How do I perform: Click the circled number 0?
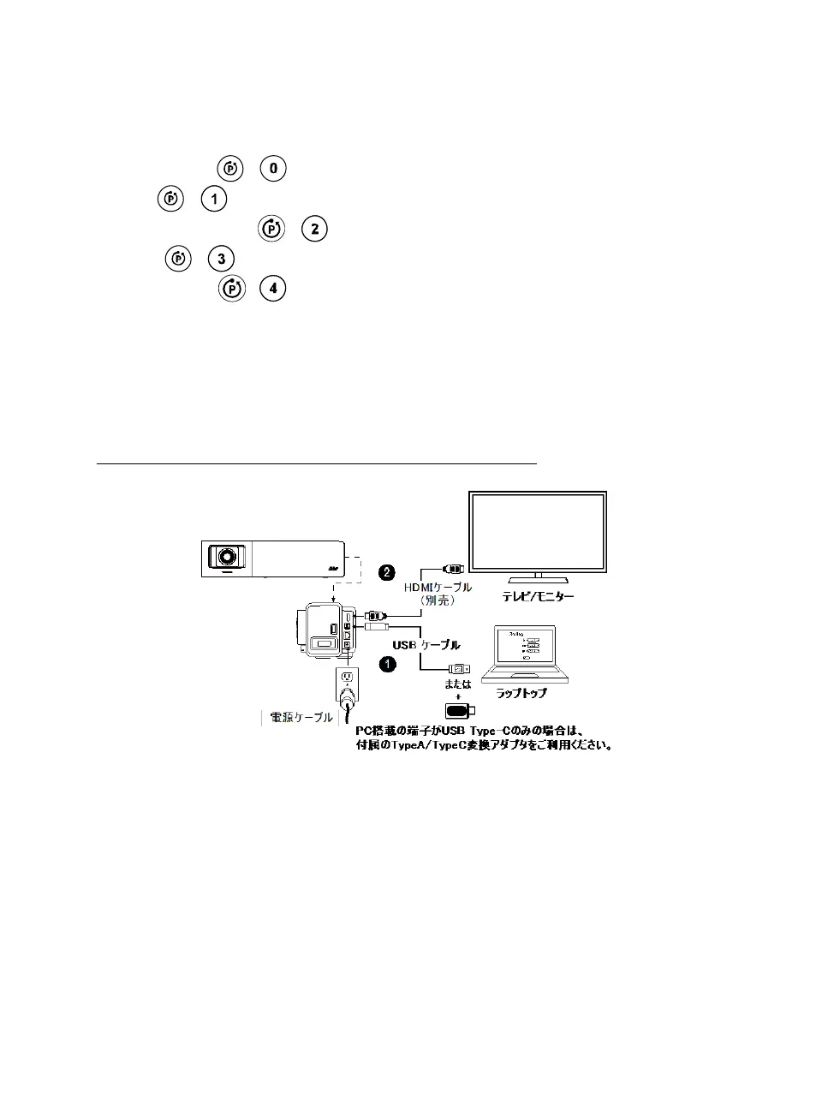coord(273,168)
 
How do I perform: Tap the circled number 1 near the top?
coord(213,199)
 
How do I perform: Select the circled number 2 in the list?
coord(315,229)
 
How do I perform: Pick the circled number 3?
coord(221,259)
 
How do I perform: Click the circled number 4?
coord(273,289)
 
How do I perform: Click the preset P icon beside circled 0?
coord(231,168)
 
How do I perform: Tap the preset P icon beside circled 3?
coord(178,259)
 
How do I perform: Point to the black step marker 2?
coord(387,572)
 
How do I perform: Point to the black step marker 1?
coord(387,664)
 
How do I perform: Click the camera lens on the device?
coord(227,557)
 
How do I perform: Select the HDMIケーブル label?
coord(438,588)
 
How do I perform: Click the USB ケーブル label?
coord(426,645)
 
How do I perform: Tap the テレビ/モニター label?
coord(538,596)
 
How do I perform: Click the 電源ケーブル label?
coord(301,717)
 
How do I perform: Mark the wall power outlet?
coord(347,678)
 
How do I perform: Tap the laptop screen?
coord(524,647)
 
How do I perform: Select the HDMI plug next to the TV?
coord(452,568)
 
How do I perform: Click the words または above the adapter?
coord(458,684)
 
